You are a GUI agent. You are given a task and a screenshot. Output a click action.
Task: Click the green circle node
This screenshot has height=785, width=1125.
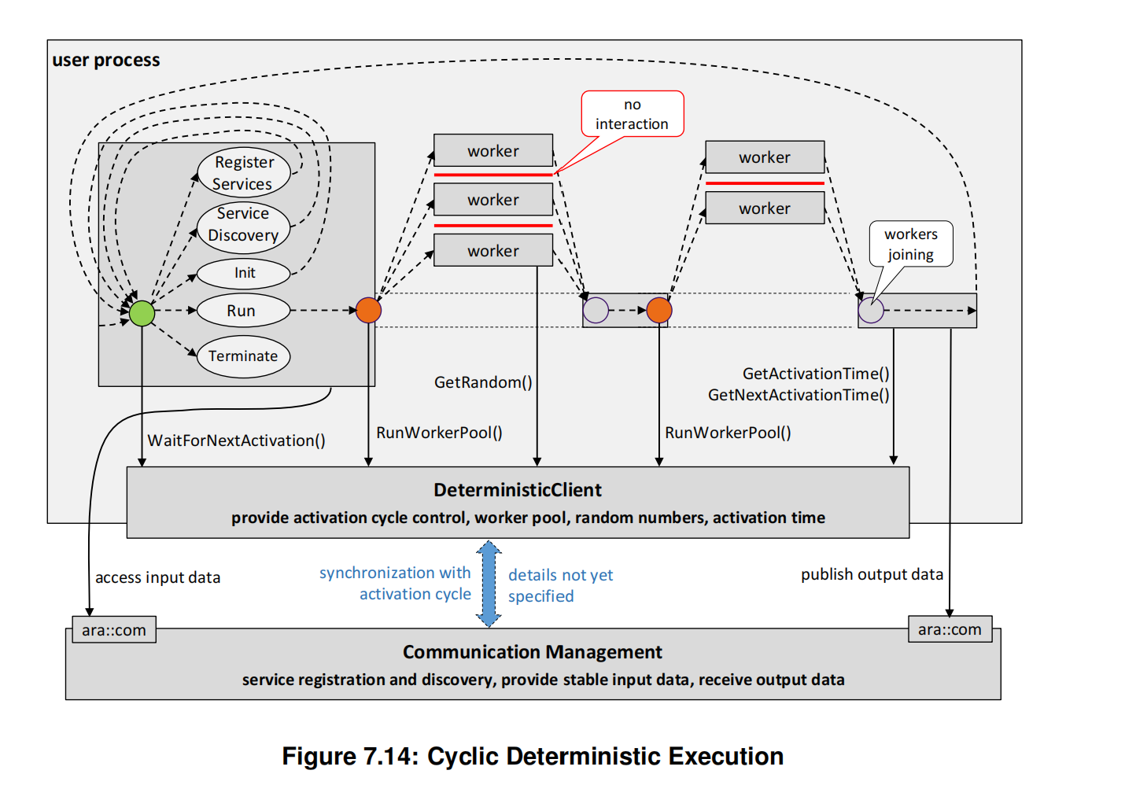[142, 313]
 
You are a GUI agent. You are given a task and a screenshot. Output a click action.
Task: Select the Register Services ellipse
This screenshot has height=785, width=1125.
[243, 172]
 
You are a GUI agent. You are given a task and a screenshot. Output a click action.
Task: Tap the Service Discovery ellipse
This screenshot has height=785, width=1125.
[243, 225]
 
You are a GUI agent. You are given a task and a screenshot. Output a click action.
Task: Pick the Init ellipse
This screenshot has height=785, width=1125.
[243, 273]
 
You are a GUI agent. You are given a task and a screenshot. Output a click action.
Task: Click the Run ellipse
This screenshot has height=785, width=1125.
[242, 311]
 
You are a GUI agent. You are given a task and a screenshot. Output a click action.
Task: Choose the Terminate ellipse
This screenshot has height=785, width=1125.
[243, 356]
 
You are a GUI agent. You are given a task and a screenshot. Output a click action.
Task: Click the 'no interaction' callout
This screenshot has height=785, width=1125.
[632, 114]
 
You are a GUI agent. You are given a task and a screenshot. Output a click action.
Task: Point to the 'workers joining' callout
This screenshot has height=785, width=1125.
[910, 244]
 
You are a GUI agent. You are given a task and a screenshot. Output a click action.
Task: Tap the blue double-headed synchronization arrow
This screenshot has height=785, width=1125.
[489, 583]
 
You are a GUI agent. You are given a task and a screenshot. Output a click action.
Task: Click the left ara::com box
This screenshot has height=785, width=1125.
[114, 630]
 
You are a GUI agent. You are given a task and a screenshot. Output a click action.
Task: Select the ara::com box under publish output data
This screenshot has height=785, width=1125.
[950, 629]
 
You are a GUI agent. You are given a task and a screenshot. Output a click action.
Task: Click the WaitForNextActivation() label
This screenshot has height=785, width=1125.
[236, 440]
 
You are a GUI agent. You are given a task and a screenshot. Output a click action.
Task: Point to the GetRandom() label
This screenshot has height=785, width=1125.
[483, 382]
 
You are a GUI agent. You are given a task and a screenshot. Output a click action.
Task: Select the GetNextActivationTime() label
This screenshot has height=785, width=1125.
[798, 395]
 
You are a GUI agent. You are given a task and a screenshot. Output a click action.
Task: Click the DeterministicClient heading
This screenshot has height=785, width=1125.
[517, 490]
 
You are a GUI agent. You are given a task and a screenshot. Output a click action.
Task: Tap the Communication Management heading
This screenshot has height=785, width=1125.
[532, 652]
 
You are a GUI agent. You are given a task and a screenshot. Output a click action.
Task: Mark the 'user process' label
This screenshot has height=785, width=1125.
[106, 61]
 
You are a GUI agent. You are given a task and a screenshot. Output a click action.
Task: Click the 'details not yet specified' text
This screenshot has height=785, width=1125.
[560, 585]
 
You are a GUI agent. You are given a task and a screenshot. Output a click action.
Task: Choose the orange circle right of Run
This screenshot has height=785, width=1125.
[368, 310]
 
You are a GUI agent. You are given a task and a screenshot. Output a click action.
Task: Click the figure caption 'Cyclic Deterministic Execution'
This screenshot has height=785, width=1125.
[533, 756]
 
